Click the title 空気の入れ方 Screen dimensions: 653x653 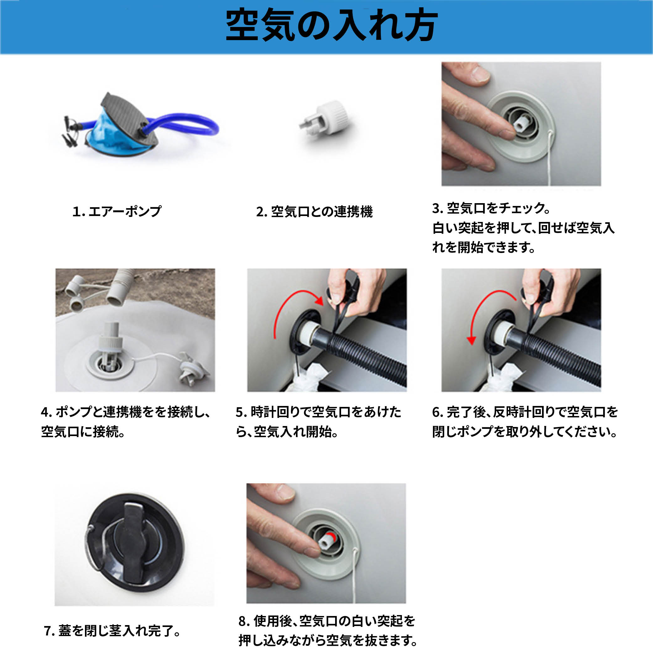(331, 25)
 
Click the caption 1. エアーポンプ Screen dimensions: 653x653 (117, 212)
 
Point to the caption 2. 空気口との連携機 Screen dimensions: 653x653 (314, 212)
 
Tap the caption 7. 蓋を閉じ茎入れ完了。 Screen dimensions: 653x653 (113, 631)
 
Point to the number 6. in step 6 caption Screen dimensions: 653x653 (438, 412)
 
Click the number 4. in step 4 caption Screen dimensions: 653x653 (46, 412)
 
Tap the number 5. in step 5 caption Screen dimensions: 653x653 (241, 412)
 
